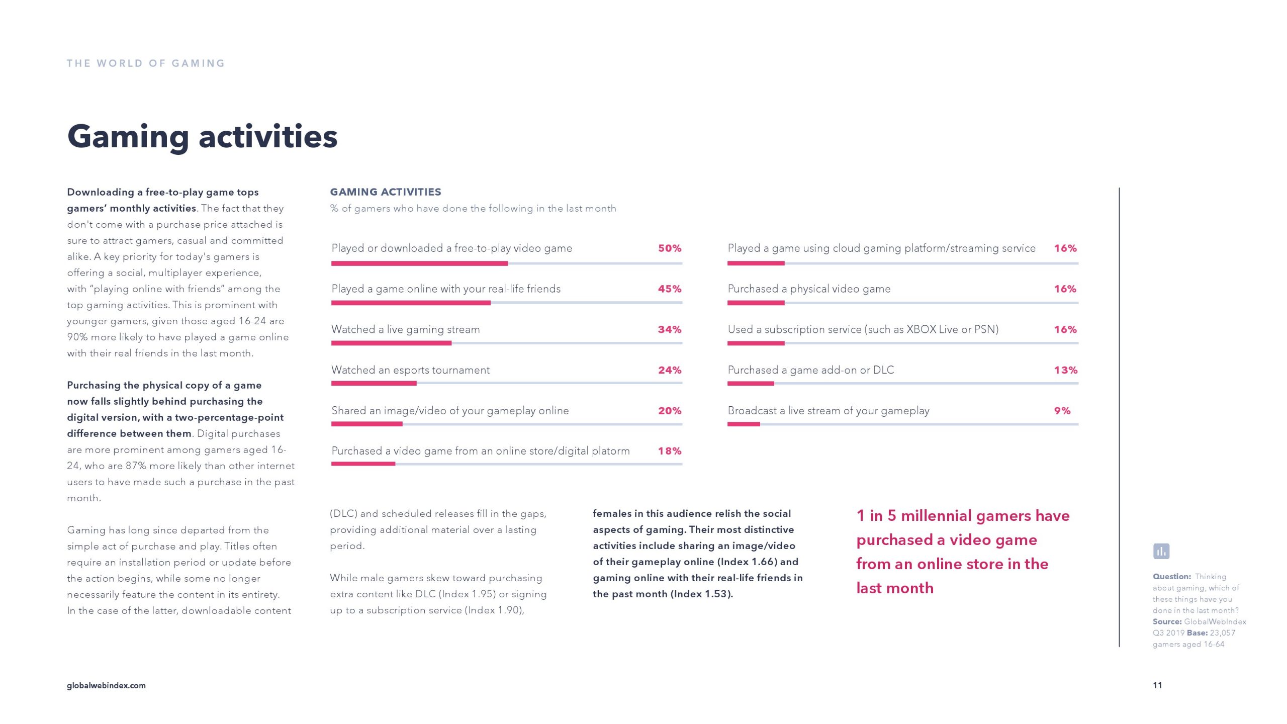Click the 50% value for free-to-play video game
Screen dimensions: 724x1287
(x=670, y=248)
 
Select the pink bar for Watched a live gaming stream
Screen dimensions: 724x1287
(x=391, y=343)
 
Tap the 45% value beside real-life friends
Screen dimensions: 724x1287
(x=670, y=289)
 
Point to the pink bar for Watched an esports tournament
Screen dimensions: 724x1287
(x=374, y=384)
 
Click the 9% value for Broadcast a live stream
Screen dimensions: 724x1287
(x=1062, y=411)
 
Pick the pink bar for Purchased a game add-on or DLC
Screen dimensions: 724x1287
(x=751, y=384)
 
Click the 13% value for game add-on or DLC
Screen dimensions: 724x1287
(x=1066, y=370)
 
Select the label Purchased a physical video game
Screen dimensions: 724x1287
(x=809, y=289)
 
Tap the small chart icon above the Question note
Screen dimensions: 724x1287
(x=1161, y=552)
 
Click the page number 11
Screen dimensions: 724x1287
(x=1157, y=685)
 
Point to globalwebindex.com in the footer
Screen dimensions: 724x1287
(x=106, y=685)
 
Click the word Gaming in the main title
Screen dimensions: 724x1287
(x=128, y=137)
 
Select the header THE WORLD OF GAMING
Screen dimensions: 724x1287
(x=146, y=63)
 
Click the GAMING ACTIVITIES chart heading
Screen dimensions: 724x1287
(x=386, y=192)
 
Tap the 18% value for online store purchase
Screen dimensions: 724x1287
(x=670, y=451)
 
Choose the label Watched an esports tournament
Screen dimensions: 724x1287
(x=410, y=371)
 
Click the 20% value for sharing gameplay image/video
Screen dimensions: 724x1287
(x=670, y=411)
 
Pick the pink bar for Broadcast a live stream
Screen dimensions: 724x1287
(x=744, y=424)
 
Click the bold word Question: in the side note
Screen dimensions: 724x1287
(x=1172, y=577)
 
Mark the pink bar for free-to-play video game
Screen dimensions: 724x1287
(x=419, y=263)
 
